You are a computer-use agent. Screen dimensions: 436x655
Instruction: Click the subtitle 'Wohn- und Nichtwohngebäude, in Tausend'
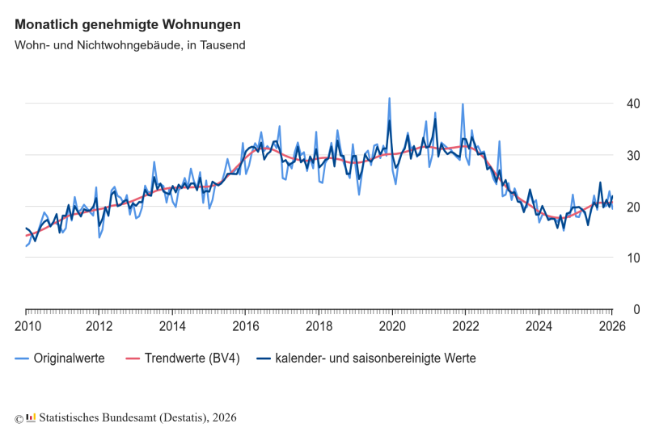[x=129, y=45]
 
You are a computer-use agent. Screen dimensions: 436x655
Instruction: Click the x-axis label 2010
[x=26, y=326]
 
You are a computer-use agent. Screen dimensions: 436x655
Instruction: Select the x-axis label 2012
[x=99, y=326]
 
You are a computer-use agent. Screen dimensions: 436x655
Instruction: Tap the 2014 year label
[x=172, y=326]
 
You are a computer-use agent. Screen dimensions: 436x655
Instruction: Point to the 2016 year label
[x=246, y=326]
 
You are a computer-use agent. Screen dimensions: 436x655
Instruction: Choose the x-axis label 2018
[x=319, y=326]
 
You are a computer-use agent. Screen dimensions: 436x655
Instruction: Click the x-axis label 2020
[x=392, y=326]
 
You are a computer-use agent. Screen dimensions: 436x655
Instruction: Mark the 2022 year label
[x=466, y=326]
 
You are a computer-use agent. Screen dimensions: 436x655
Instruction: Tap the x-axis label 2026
[x=612, y=326]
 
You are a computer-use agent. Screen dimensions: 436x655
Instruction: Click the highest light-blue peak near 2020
[x=389, y=99]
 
